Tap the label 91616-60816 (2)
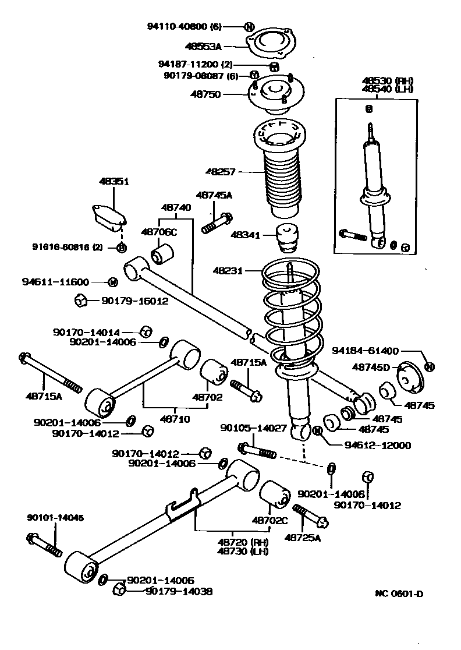(67, 247)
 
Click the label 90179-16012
(134, 301)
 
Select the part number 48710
(177, 418)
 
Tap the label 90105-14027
(253, 428)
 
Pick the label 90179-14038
(179, 591)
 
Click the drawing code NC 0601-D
(399, 594)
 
